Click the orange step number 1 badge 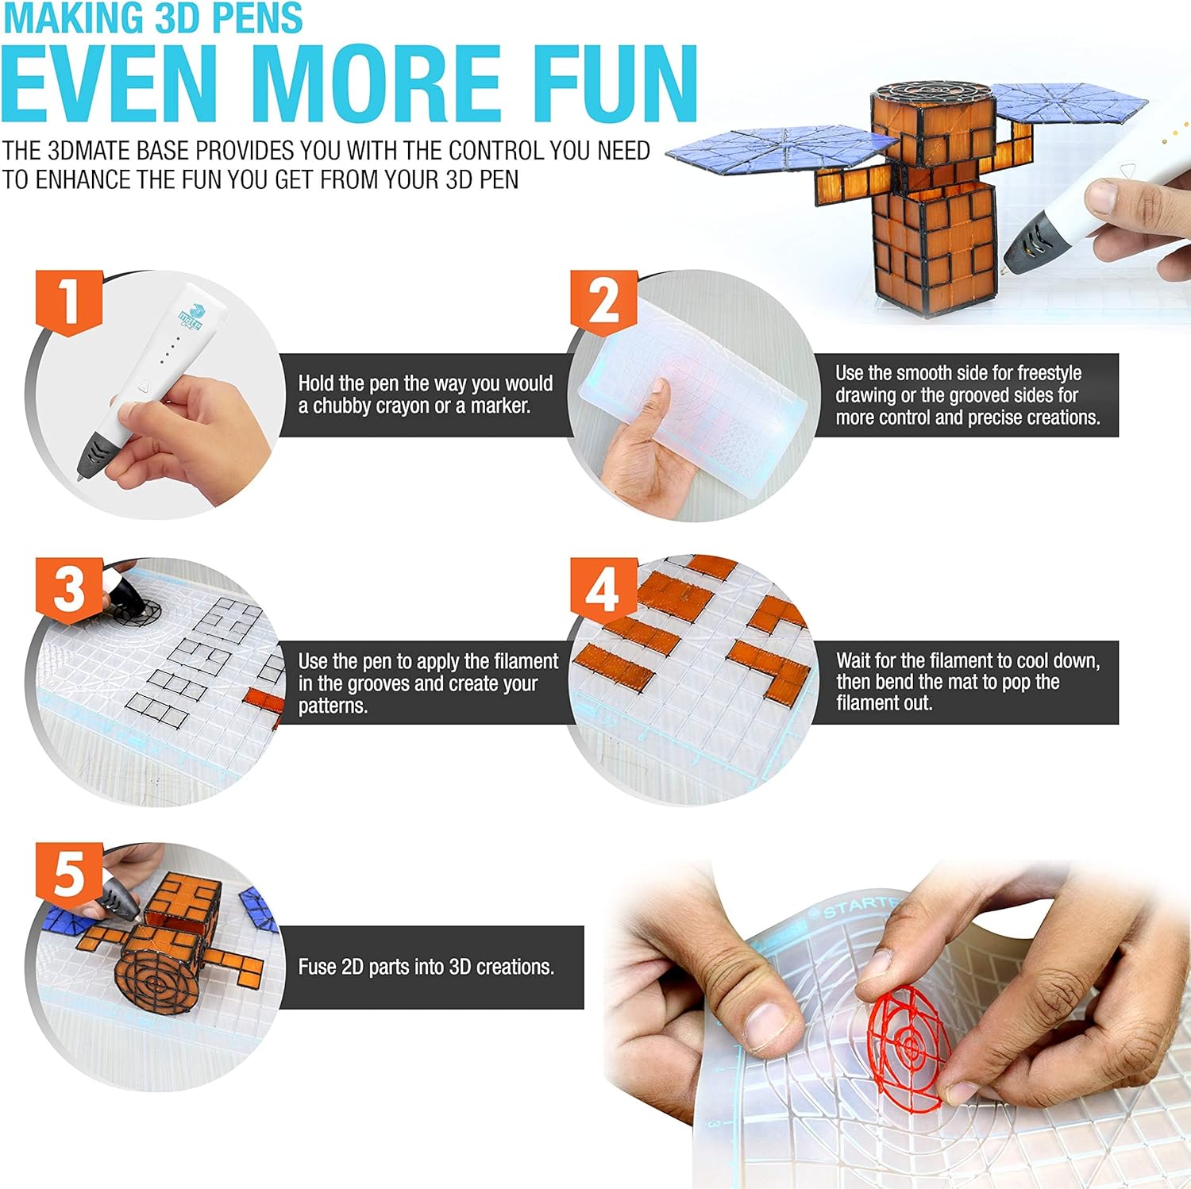69,302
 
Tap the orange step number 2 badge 603,302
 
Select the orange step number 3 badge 69,591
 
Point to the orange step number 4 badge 603,591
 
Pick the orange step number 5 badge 69,874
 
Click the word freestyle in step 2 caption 1049,373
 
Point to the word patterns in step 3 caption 332,706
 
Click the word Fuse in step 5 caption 316,967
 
